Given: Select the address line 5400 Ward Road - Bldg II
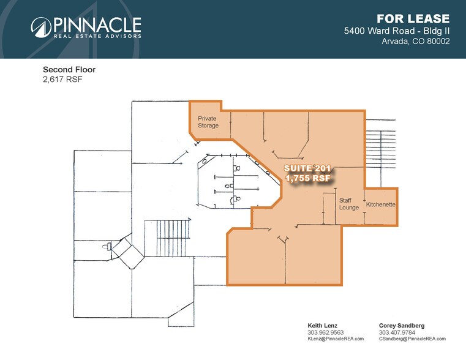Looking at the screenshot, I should click(396, 31).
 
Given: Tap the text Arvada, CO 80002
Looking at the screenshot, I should click(416, 42).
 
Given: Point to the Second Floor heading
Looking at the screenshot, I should click(69, 70).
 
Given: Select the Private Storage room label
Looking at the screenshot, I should click(208, 122).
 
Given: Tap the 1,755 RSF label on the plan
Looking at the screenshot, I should click(309, 178).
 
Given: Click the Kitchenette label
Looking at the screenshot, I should click(381, 203).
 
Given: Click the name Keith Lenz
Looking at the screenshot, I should click(322, 325).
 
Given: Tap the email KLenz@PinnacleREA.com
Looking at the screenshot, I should click(336, 339).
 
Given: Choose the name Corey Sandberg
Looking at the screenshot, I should click(402, 325).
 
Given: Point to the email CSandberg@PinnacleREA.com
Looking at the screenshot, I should click(412, 339).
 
